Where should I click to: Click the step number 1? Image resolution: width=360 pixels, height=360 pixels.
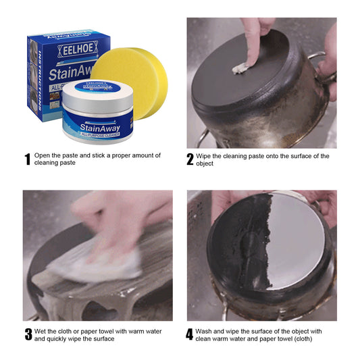click(x=27, y=160)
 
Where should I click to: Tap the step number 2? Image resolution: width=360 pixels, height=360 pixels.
click(x=190, y=160)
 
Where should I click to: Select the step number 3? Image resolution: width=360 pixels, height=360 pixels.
click(x=28, y=334)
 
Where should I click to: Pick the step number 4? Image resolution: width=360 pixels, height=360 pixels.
click(x=190, y=334)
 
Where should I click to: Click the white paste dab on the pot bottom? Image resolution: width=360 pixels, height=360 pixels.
click(x=241, y=68)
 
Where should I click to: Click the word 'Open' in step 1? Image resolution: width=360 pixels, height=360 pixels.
click(x=44, y=155)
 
